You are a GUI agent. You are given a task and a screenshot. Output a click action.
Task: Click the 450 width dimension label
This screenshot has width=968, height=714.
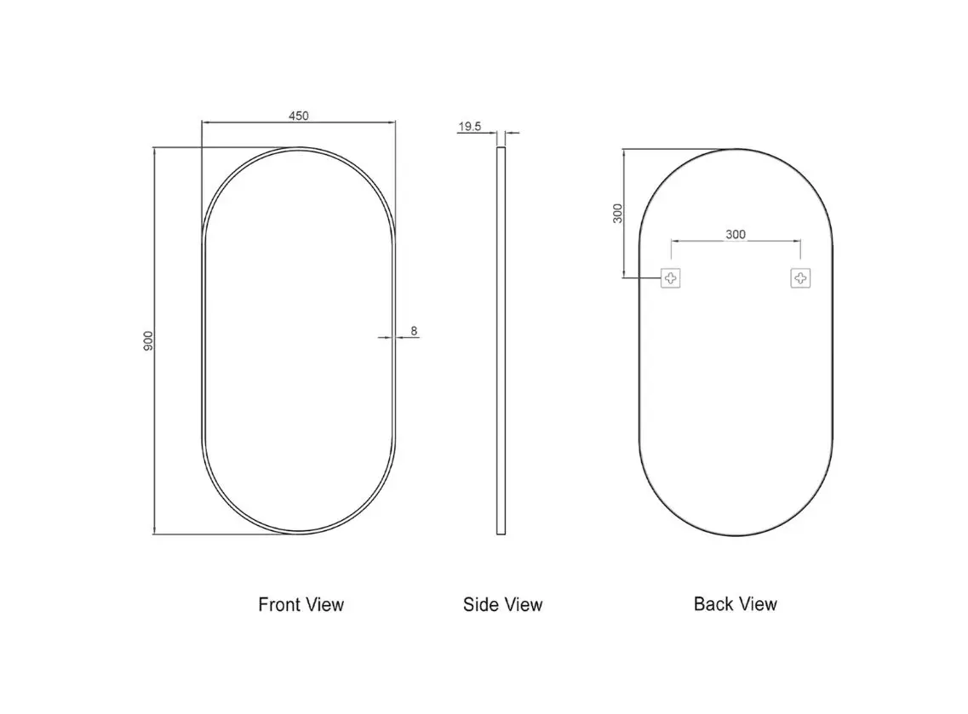pyautogui.click(x=299, y=116)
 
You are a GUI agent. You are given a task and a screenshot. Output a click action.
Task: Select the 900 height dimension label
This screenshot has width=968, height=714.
pyautogui.click(x=148, y=341)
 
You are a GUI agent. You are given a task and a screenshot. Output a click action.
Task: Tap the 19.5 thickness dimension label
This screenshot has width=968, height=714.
pyautogui.click(x=469, y=127)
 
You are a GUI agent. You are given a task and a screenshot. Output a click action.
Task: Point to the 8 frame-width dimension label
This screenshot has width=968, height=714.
pyautogui.click(x=414, y=331)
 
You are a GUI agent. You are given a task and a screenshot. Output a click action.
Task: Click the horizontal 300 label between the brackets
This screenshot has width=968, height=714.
pyautogui.click(x=736, y=235)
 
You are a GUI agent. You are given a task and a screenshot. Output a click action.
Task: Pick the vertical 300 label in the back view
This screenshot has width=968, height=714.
pyautogui.click(x=617, y=214)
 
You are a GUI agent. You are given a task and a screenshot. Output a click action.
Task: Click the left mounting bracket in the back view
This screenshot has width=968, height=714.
pyautogui.click(x=670, y=278)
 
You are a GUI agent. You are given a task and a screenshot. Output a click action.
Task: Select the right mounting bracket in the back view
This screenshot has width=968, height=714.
pyautogui.click(x=800, y=278)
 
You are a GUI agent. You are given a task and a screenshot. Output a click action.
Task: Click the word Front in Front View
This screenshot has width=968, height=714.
pyautogui.click(x=276, y=604)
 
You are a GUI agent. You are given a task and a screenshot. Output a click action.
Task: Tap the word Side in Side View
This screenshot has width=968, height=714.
pyautogui.click(x=478, y=604)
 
